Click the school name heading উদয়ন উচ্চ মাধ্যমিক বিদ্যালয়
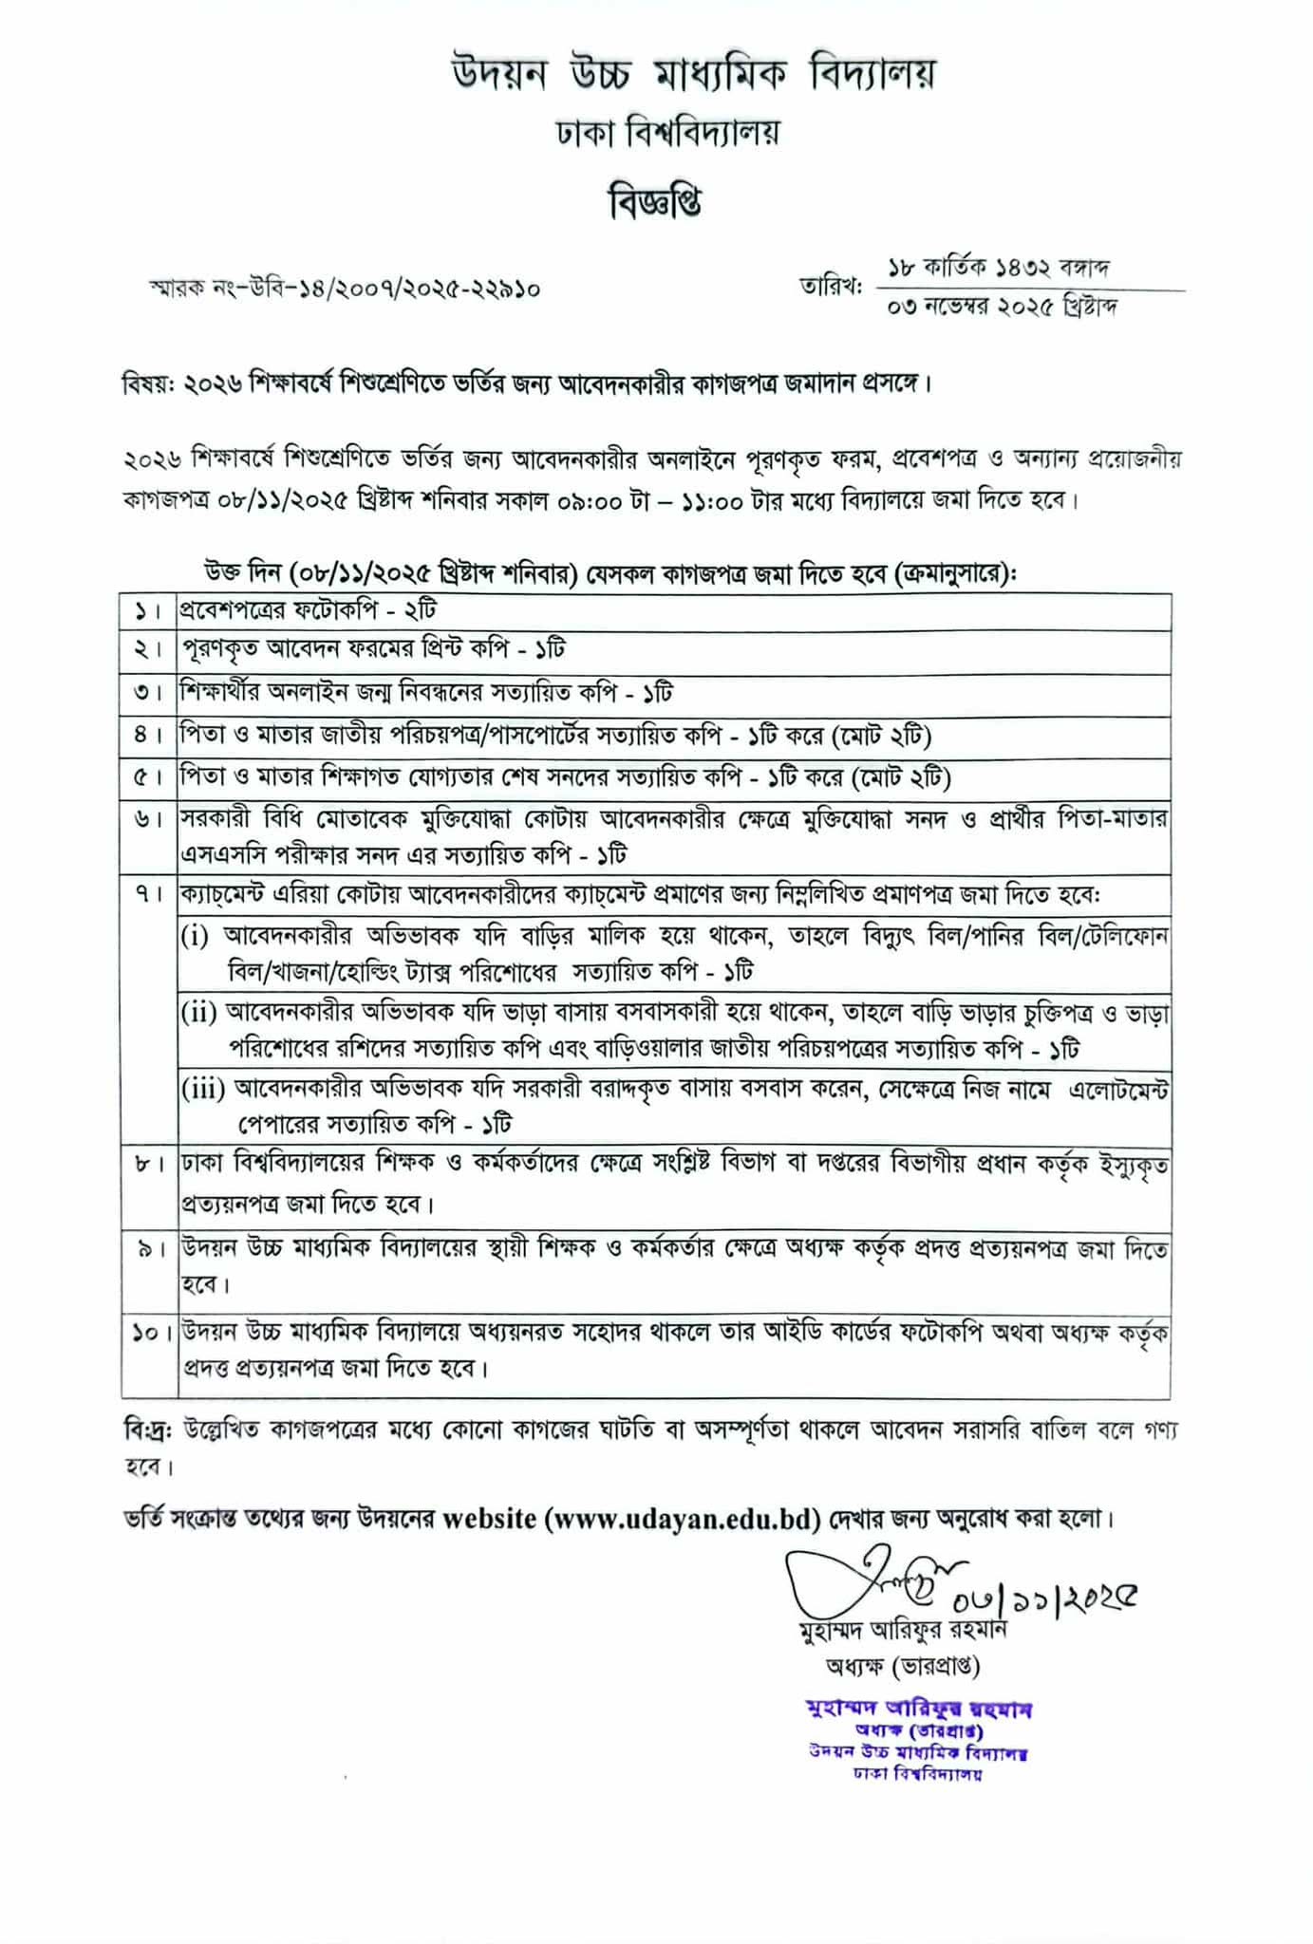[x=693, y=74]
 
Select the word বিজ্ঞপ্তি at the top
[x=655, y=201]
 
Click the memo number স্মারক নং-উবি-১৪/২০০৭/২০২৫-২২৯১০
[x=345, y=288]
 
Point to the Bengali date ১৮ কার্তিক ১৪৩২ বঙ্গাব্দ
[x=998, y=268]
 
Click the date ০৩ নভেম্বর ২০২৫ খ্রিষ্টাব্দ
[x=1003, y=308]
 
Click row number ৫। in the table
[x=148, y=778]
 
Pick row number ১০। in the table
[x=150, y=1334]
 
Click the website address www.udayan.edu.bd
[x=682, y=1519]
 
